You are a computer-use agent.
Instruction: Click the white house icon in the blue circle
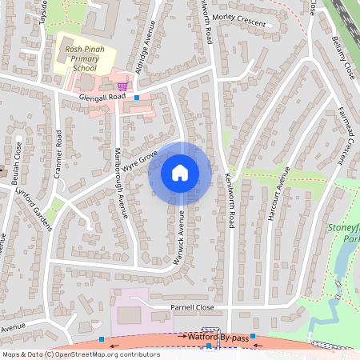(x=180, y=172)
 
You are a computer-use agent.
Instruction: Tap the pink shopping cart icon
(x=122, y=86)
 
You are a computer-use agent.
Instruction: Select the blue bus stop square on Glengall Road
(x=137, y=98)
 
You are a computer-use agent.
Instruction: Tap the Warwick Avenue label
(x=180, y=238)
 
